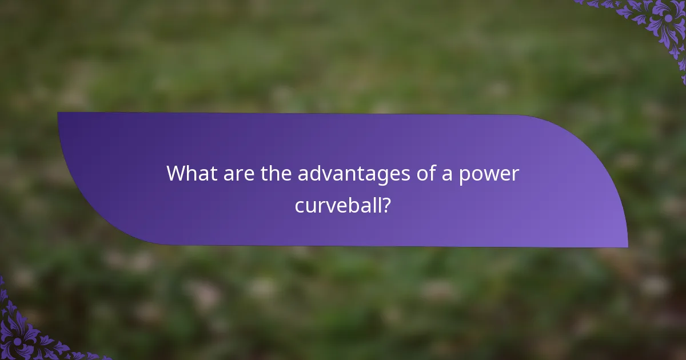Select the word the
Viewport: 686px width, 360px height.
[x=277, y=174]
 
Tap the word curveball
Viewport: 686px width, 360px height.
[x=337, y=206]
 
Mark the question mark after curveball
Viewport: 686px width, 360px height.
[x=386, y=206]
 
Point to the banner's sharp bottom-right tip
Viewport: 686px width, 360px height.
[x=627, y=247]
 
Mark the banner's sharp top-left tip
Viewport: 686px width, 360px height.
[x=58, y=113]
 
